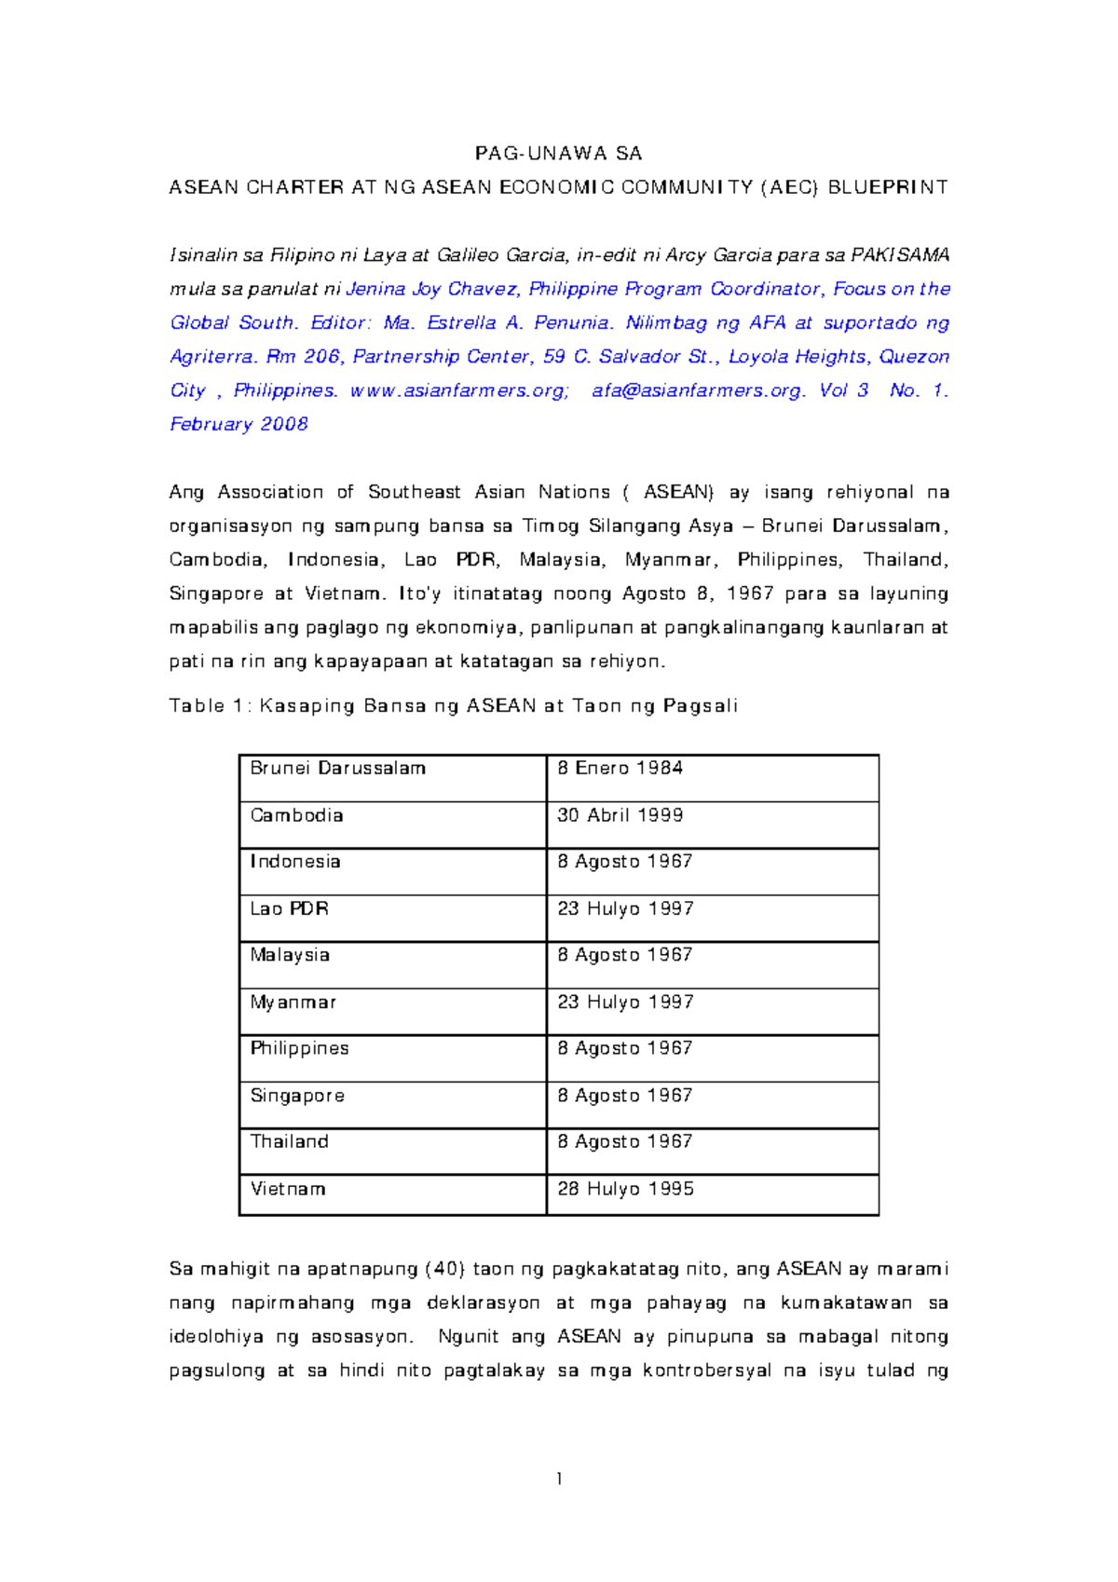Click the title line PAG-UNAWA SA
558,154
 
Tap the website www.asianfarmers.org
458,390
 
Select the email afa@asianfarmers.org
698,390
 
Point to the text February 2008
239,424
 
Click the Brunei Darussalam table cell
337,769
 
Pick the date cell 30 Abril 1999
620,815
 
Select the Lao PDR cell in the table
289,908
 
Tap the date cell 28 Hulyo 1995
625,1189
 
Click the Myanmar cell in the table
293,1002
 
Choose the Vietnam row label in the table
287,1189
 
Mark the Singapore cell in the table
297,1096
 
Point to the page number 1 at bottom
558,1479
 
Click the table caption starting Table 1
453,705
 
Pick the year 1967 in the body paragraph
750,593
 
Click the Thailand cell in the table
289,1142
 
